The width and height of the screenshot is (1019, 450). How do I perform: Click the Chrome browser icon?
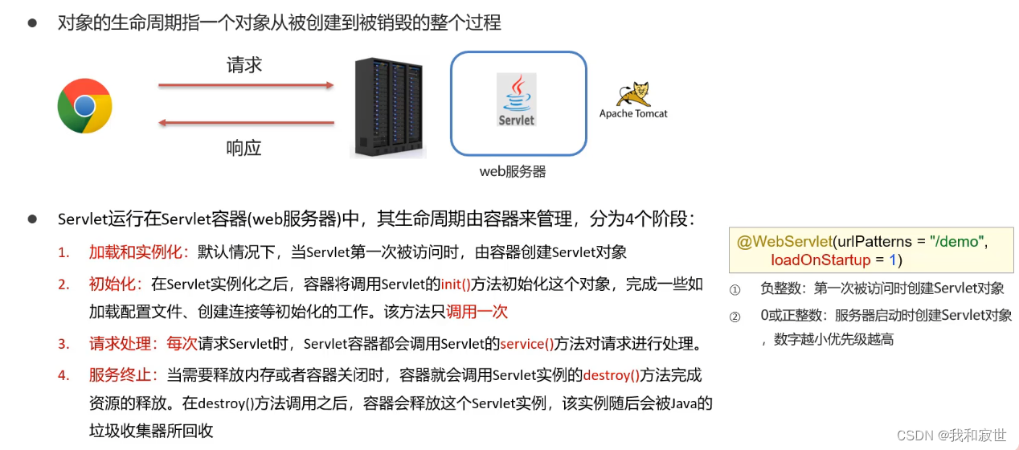pyautogui.click(x=84, y=106)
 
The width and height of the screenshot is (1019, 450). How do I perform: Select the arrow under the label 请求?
pyautogui.click(x=246, y=84)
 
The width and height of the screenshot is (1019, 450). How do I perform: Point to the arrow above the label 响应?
pyautogui.click(x=246, y=123)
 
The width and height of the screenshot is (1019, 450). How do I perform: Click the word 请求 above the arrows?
pyautogui.click(x=244, y=65)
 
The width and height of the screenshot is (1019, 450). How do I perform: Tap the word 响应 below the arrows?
pyautogui.click(x=244, y=148)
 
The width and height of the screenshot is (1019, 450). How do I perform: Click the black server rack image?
pyautogui.click(x=389, y=108)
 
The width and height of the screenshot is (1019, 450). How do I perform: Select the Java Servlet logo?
pyautogui.click(x=516, y=100)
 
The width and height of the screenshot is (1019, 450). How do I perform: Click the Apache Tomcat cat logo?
pyautogui.click(x=633, y=95)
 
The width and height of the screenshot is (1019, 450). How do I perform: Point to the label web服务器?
pyautogui.click(x=513, y=171)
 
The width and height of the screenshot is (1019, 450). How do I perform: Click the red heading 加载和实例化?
pyautogui.click(x=138, y=252)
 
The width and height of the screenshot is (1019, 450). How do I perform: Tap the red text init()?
pyautogui.click(x=456, y=284)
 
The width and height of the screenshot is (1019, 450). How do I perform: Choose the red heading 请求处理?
pyautogui.click(x=123, y=344)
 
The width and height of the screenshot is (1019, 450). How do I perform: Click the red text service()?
pyautogui.click(x=527, y=344)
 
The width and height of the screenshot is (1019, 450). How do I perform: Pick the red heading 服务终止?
pyautogui.click(x=123, y=375)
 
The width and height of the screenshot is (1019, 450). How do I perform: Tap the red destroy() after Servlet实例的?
pyautogui.click(x=611, y=375)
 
